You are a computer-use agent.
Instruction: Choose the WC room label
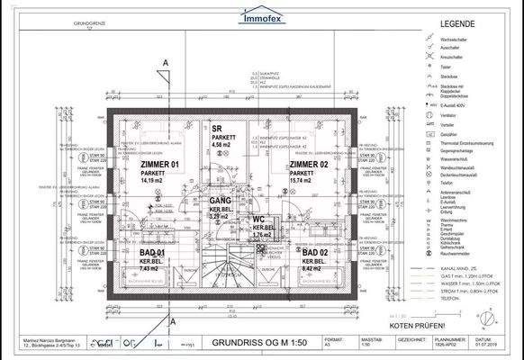tap(257, 218)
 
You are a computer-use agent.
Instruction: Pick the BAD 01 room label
tap(149, 254)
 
